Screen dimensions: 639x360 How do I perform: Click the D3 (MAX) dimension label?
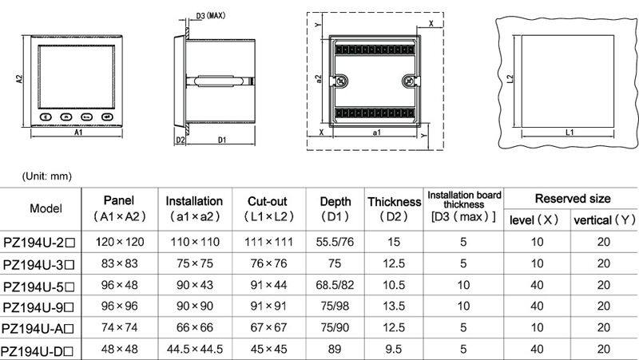[x=210, y=16]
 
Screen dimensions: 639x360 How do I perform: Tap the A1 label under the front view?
[x=78, y=133]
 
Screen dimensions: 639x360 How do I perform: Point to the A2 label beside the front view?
[x=19, y=78]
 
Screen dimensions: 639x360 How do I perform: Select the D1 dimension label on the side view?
[x=222, y=140]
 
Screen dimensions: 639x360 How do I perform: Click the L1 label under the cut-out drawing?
[x=570, y=133]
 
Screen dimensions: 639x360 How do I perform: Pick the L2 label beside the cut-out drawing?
[x=510, y=78]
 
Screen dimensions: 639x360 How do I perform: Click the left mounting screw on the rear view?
[x=340, y=81]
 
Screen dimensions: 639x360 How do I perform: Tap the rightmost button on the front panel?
[x=107, y=117]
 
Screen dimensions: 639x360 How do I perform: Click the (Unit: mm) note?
[x=47, y=176]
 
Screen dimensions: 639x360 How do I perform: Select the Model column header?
[x=46, y=208]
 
